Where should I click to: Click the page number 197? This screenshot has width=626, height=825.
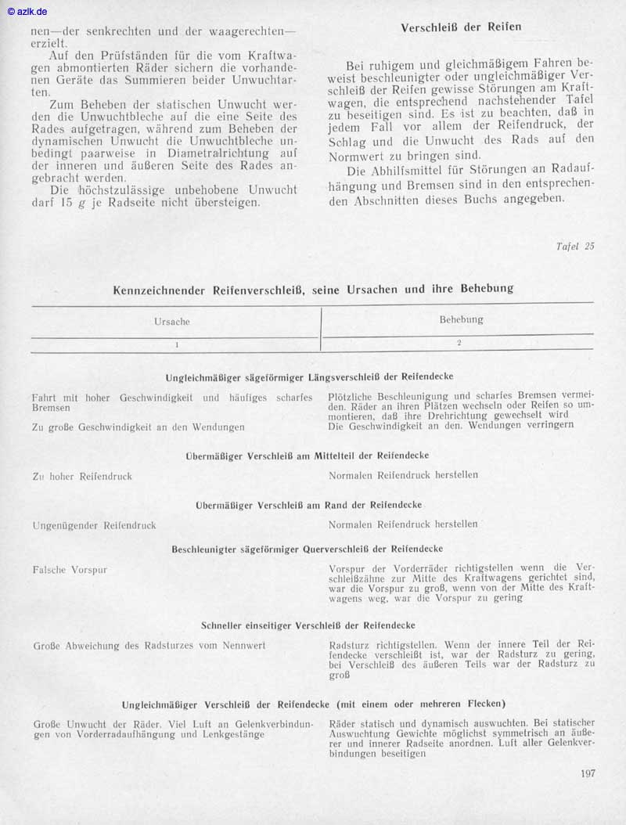click(x=588, y=774)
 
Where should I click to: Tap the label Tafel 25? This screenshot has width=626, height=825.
click(x=575, y=246)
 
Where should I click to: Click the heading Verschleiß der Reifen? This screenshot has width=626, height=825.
click(x=461, y=27)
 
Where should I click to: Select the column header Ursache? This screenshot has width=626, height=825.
click(x=172, y=321)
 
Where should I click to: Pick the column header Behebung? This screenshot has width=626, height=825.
click(x=461, y=319)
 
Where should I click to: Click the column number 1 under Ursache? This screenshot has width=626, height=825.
click(x=177, y=344)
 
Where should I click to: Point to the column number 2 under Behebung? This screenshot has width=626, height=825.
click(x=459, y=343)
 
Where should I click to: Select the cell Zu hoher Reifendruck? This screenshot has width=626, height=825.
click(x=82, y=476)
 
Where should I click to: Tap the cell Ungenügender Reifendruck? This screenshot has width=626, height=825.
click(x=94, y=525)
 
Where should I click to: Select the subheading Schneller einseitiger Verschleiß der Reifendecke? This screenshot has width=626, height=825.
click(x=308, y=625)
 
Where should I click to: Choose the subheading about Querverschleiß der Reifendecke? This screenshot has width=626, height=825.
click(x=308, y=549)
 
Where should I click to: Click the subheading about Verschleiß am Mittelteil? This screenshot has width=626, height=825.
click(x=308, y=455)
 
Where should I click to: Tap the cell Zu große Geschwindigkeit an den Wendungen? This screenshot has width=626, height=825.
click(x=139, y=427)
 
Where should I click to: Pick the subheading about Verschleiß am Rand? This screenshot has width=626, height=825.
click(x=308, y=505)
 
